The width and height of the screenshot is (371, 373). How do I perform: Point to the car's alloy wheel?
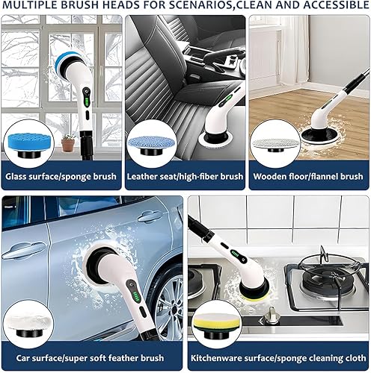click(x=169, y=306)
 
